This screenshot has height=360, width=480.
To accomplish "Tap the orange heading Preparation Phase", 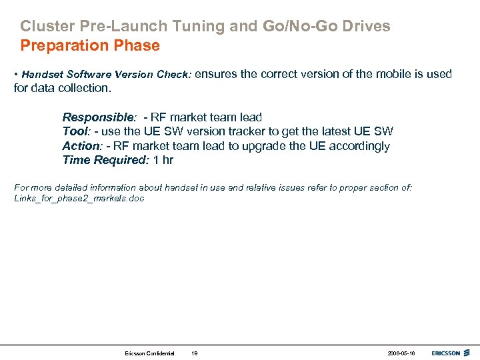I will point(90,46).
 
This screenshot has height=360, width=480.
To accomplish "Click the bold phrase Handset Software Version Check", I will point(107,75).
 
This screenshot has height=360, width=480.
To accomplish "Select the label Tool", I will point(75,131).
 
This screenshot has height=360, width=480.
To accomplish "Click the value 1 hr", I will point(163,160).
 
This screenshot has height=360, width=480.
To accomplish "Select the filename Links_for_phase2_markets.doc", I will point(79,199).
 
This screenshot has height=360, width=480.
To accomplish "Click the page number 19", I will point(194,353).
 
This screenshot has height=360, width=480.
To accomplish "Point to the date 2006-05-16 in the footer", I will point(401,353).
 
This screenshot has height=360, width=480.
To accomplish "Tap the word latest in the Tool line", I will point(339,131).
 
